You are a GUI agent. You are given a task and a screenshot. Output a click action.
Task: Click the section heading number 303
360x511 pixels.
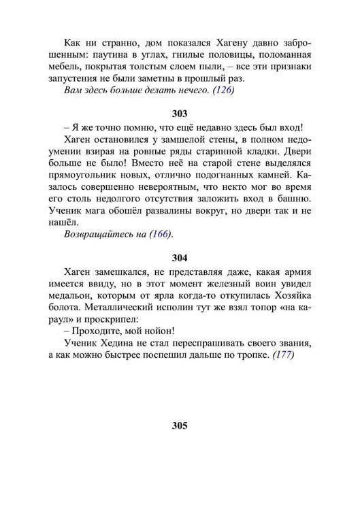coord(180,114)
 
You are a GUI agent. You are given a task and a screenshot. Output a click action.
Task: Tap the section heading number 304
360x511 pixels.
coord(180,258)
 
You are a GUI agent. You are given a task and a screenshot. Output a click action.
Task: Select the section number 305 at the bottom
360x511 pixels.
coord(180,427)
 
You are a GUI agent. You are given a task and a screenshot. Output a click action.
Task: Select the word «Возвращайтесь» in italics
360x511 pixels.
coord(97,235)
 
